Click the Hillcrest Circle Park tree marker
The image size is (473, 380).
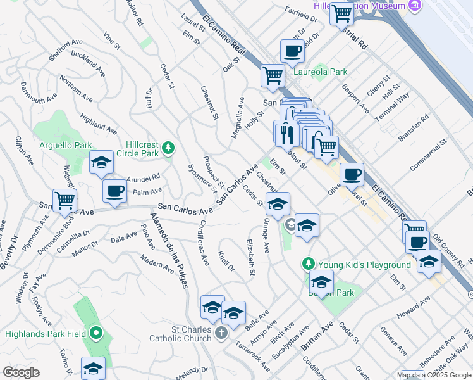click(168, 148)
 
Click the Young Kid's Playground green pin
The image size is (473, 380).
click(309, 263)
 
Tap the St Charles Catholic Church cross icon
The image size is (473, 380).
click(221, 332)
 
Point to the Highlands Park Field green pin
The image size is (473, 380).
click(95, 332)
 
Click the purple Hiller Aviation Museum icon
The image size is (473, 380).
click(415, 6)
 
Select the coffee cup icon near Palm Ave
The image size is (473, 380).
click(114, 191)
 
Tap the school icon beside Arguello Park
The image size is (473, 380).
click(101, 163)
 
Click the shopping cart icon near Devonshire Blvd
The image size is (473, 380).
click(64, 200)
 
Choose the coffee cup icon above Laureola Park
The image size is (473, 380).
click(292, 51)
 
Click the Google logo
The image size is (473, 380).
click(21, 372)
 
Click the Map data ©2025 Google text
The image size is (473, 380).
click(434, 375)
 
